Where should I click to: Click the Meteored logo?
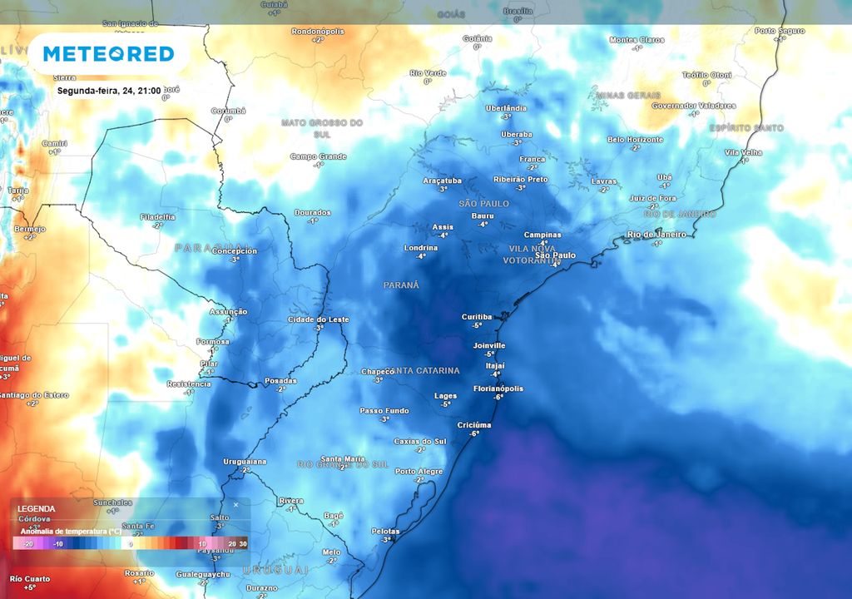click(108, 54)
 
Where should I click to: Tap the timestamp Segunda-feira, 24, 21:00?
click(108, 90)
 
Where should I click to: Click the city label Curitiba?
click(478, 317)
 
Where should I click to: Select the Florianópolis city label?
click(498, 389)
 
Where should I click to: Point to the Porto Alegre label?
click(419, 471)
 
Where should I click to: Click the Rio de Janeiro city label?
click(657, 235)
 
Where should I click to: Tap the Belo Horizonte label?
click(636, 140)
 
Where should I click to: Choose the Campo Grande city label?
click(318, 156)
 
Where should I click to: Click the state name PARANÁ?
click(401, 285)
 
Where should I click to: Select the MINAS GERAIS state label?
click(628, 95)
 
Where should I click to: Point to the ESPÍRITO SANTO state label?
click(746, 127)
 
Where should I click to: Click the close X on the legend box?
click(235, 504)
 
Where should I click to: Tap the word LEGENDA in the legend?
click(36, 508)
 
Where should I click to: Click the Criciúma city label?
click(474, 425)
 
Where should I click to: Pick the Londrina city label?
click(421, 248)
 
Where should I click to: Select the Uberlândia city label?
click(506, 108)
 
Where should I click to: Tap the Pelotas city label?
click(385, 531)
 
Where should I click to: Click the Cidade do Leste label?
click(319, 319)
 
